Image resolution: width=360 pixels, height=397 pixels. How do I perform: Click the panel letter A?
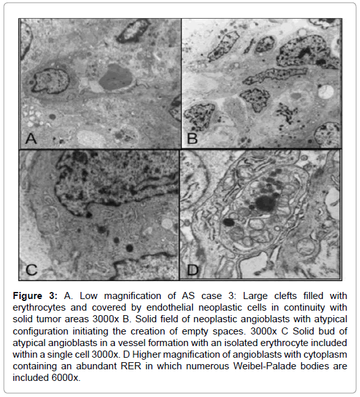tap(31, 139)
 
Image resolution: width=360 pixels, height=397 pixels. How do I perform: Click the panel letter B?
tap(192, 139)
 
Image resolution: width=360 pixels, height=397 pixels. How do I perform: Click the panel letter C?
tap(32, 270)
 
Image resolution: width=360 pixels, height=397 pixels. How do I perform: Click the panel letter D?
tap(192, 270)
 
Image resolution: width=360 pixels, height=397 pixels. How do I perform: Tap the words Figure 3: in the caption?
tap(35, 296)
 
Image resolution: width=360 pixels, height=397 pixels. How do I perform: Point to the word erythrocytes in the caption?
tap(39, 307)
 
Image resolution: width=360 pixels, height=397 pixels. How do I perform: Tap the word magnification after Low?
tap(133, 296)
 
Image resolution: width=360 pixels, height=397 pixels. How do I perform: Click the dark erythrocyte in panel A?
tap(116, 78)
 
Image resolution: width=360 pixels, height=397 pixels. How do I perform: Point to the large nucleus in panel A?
tap(50, 81)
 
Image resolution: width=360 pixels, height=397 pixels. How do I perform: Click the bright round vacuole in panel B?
tap(326, 92)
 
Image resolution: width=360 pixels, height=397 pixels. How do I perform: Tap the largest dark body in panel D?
tap(265, 204)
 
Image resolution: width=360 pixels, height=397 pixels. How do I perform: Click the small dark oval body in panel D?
tap(228, 222)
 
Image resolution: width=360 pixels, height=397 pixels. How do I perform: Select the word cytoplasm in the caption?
tap(326, 354)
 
